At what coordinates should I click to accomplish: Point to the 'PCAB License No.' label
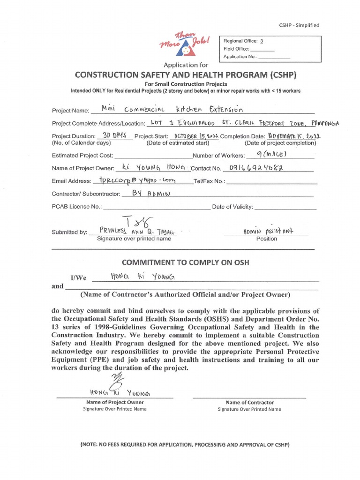(x=76, y=207)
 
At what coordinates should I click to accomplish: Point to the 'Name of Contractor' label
(x=249, y=402)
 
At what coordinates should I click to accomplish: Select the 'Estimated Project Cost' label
(x=82, y=155)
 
